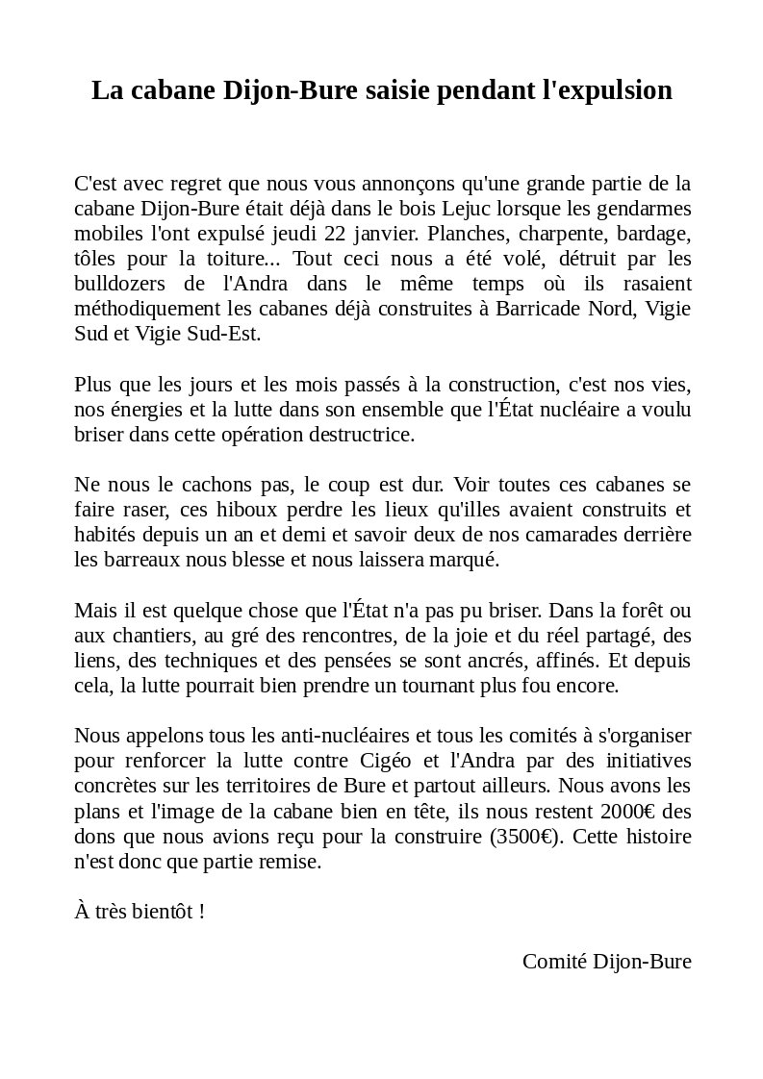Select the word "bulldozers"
117,285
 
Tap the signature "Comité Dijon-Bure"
606,962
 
